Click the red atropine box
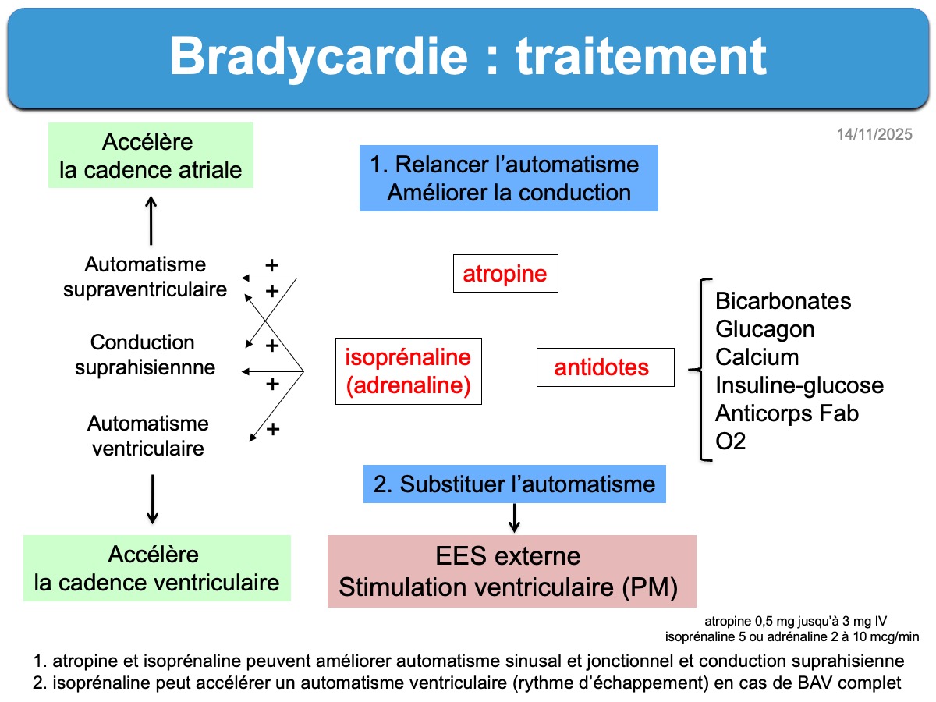click(505, 274)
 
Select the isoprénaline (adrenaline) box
click(408, 371)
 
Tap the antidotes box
click(604, 367)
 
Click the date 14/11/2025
click(874, 135)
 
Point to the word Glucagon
click(764, 329)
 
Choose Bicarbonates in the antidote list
click(783, 301)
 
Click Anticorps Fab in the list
click(786, 413)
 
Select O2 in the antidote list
click(731, 441)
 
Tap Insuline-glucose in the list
click(799, 385)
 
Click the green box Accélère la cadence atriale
click(151, 156)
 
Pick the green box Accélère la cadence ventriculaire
click(157, 568)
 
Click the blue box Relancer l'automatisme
click(509, 178)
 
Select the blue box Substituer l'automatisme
click(515, 484)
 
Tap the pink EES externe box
click(511, 572)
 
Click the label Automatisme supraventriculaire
click(146, 277)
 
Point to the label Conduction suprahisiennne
click(145, 355)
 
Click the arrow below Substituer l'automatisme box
click(514, 518)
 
